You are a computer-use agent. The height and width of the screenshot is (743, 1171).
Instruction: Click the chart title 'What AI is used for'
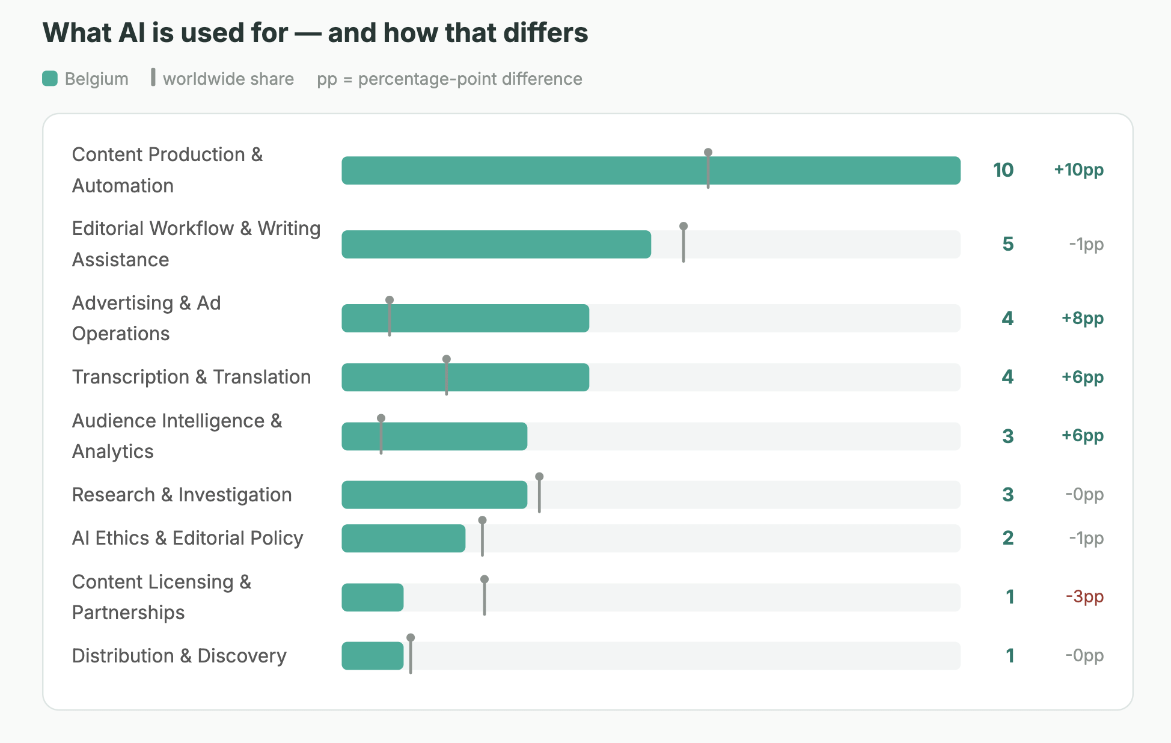tap(165, 33)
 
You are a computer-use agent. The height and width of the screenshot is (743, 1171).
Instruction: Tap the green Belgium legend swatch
tap(50, 79)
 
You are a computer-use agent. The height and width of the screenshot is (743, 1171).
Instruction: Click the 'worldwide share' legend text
tap(228, 79)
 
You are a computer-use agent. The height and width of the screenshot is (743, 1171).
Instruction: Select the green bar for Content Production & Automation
tap(651, 171)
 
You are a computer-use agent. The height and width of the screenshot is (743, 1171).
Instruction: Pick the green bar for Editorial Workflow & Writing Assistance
tap(497, 245)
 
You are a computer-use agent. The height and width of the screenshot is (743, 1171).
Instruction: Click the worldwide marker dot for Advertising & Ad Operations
tap(390, 300)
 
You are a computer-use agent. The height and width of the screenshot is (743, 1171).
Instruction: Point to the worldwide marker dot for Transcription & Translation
tap(447, 359)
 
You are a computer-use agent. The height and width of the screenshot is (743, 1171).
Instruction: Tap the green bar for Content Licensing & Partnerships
tap(373, 598)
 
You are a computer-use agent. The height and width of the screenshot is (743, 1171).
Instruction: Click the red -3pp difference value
tap(1085, 597)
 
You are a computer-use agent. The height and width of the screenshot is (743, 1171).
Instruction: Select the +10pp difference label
tap(1079, 170)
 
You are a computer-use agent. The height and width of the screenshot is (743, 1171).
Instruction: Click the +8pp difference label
tap(1083, 318)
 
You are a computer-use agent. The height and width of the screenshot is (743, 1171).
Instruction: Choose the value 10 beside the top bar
tap(1003, 170)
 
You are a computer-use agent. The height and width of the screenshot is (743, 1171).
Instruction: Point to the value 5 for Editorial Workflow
tap(1008, 244)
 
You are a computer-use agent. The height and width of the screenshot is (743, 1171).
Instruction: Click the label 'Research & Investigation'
tap(182, 495)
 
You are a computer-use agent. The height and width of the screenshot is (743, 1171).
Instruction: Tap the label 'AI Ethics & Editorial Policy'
tap(188, 538)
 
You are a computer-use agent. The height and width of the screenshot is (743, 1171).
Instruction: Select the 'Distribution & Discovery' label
tap(179, 656)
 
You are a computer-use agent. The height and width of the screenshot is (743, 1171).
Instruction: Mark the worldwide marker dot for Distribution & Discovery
tap(411, 638)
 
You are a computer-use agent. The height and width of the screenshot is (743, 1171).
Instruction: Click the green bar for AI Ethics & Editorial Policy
tap(403, 539)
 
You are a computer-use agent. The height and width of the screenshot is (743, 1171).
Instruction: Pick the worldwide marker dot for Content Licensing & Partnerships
tap(485, 579)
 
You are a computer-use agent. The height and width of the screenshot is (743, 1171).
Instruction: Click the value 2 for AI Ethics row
tap(1008, 538)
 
